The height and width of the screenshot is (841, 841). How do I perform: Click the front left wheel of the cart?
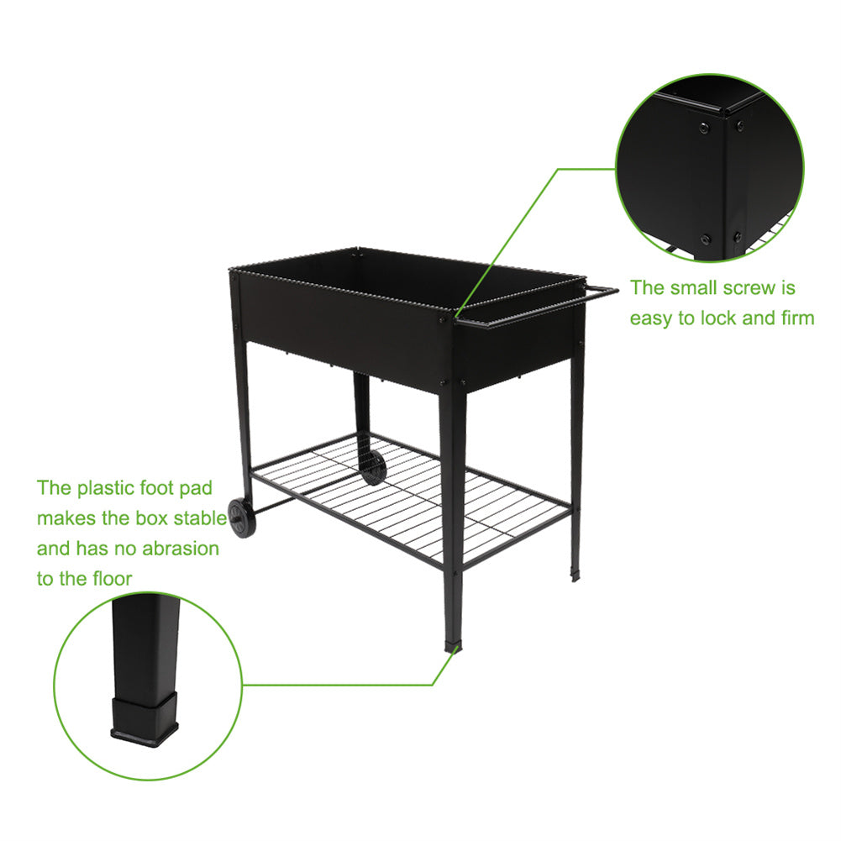point(242,518)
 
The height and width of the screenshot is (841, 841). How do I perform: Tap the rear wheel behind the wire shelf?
point(373,468)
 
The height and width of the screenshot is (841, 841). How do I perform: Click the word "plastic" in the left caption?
point(106,489)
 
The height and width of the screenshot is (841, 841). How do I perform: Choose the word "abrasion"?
point(180,549)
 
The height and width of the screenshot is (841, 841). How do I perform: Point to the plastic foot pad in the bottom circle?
point(145,718)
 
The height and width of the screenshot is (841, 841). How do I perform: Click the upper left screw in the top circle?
point(704,128)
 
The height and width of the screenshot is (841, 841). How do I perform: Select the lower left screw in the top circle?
point(705,239)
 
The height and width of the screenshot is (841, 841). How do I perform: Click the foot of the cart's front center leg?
point(453,644)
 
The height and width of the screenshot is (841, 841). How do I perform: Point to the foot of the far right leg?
point(575,576)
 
